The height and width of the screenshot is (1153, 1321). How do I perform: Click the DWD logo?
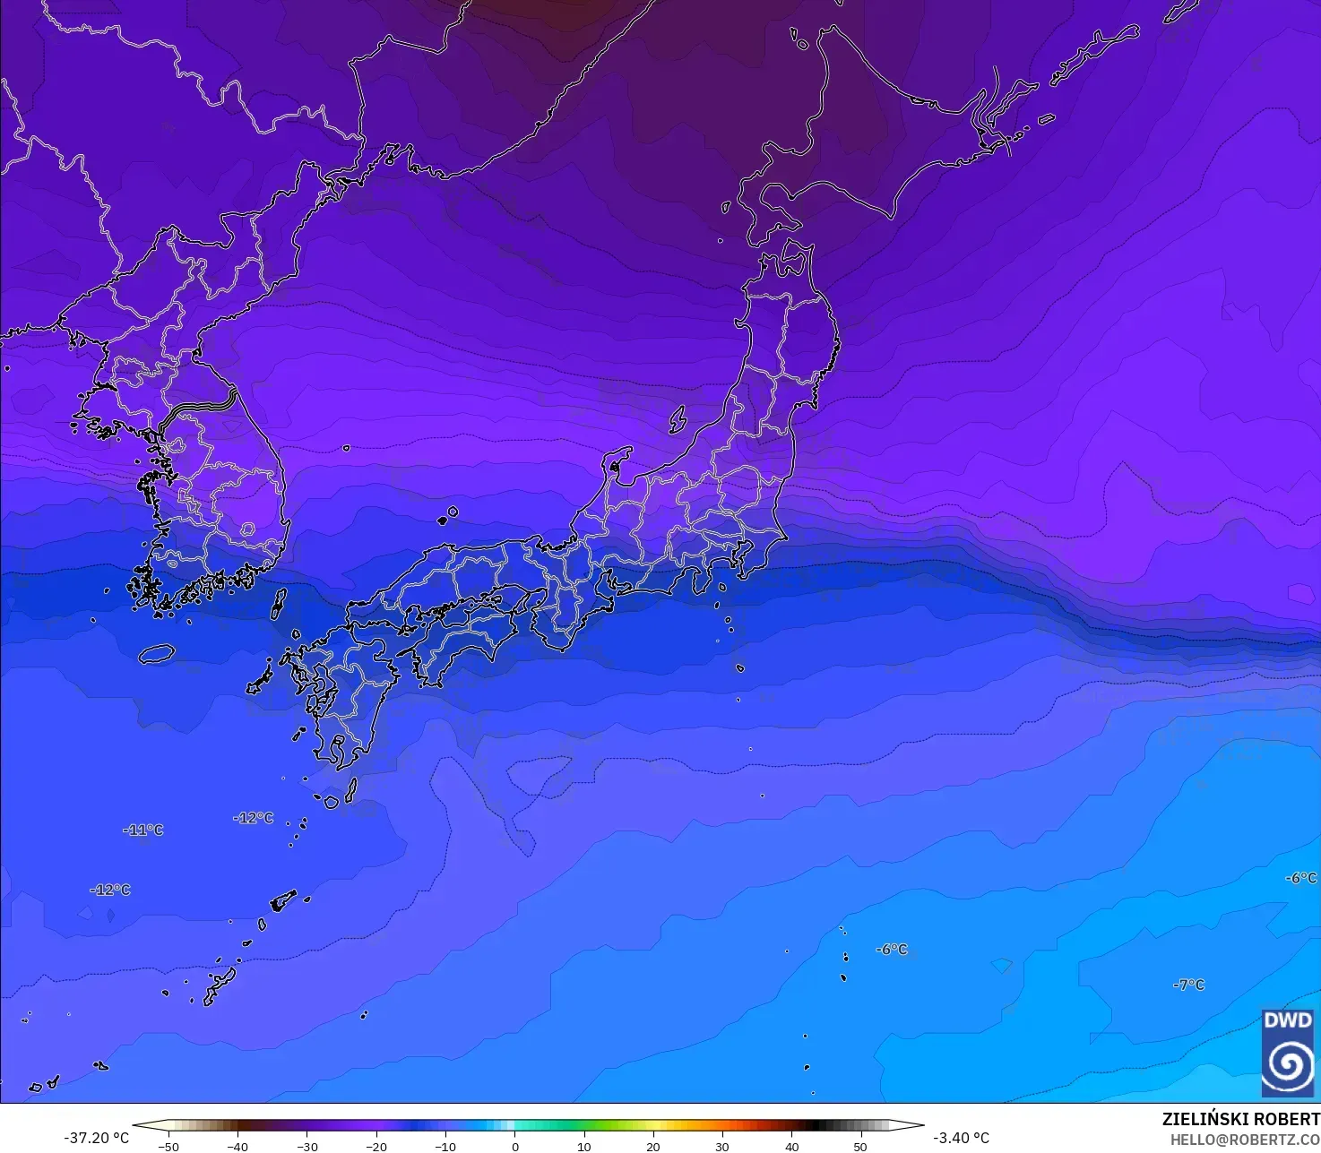[x=1288, y=1053]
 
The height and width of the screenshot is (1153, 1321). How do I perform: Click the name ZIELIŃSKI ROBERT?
[x=1240, y=1119]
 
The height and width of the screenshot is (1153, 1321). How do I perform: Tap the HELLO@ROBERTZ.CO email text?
[x=1245, y=1140]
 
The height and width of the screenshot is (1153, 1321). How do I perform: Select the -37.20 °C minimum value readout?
[x=97, y=1138]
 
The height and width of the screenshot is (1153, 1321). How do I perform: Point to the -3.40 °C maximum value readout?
[x=961, y=1138]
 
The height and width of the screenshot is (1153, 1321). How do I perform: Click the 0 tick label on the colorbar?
[x=514, y=1147]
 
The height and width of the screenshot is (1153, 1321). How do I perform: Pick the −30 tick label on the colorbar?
[x=307, y=1147]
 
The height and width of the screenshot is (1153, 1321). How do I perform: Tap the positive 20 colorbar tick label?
[x=653, y=1147]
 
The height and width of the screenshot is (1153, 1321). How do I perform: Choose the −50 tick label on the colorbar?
[x=168, y=1147]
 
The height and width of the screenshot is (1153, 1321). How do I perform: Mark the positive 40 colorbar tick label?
[x=791, y=1147]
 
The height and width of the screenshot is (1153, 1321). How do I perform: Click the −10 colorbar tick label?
[x=445, y=1147]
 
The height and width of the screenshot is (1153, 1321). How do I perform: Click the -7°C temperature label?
[x=1189, y=985]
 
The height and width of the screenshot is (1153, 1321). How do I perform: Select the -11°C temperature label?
[x=143, y=830]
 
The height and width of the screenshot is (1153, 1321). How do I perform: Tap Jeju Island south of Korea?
[x=157, y=654]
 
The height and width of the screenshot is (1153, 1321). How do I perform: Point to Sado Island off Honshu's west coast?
[x=678, y=418]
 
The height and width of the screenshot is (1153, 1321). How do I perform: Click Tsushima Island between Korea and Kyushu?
[x=278, y=604]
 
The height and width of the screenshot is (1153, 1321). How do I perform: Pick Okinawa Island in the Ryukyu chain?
[x=220, y=985]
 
